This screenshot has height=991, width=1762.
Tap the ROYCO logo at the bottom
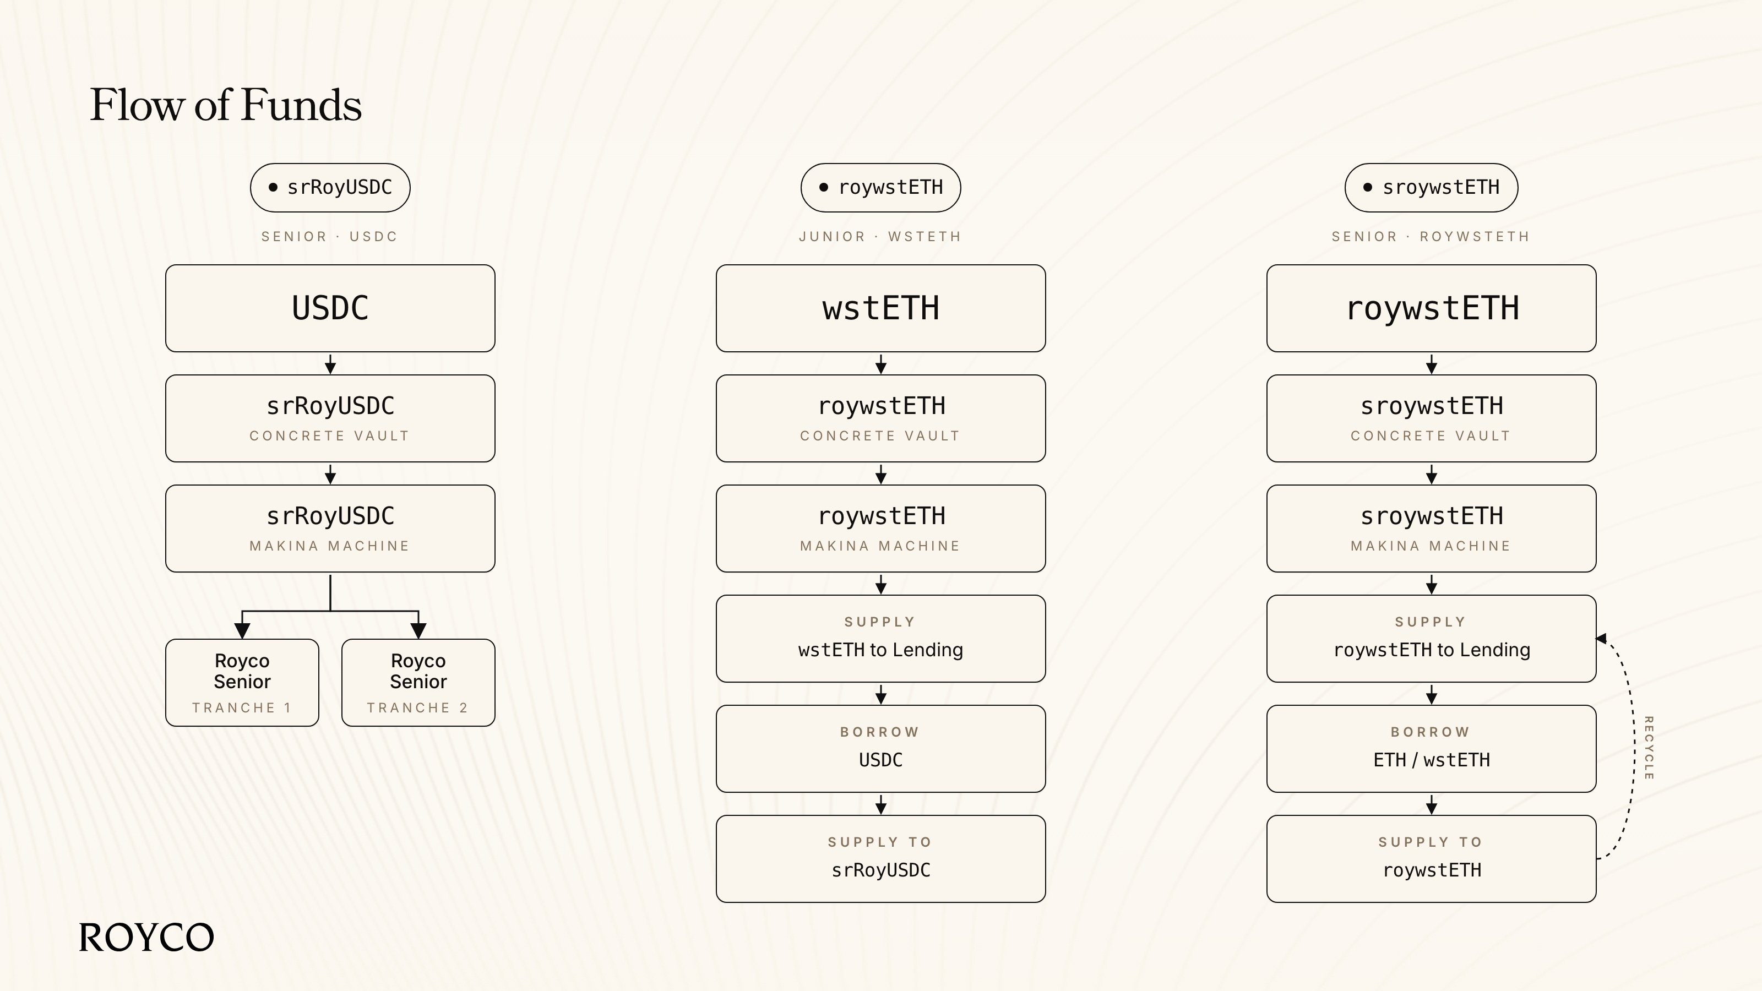[x=146, y=937]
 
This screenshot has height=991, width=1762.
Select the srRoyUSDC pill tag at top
[x=330, y=187]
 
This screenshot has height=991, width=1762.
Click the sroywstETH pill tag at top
[x=1431, y=187]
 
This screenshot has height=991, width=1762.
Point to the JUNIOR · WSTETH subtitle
[x=880, y=237]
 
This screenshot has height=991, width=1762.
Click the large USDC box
[x=330, y=308]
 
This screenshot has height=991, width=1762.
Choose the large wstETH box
[x=880, y=308]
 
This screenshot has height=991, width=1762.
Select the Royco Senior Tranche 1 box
[x=242, y=683]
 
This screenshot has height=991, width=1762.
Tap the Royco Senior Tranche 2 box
[x=418, y=683]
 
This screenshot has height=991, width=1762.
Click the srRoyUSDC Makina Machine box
[x=330, y=529]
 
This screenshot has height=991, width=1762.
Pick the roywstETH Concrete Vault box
[x=880, y=418]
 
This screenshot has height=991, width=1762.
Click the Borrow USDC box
[x=880, y=749]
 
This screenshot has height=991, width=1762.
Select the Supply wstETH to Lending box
[x=880, y=639]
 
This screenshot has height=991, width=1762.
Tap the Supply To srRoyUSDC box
[x=880, y=859]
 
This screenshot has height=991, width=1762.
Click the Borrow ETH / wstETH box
[x=1431, y=749]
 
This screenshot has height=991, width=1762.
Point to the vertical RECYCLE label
[x=1649, y=748]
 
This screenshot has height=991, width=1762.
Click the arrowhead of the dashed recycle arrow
[x=1601, y=638]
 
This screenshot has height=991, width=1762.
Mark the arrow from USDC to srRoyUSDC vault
[x=330, y=364]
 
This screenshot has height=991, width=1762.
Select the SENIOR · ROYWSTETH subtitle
[x=1431, y=237]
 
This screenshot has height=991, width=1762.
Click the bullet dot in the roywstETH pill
[x=824, y=187]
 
